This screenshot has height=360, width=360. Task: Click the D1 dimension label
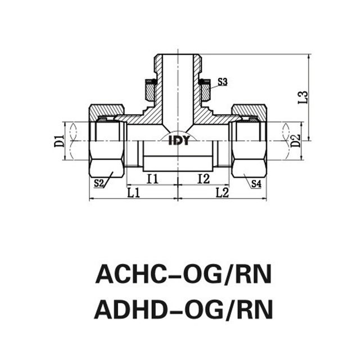point(57,141)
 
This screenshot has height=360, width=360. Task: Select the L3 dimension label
point(302,96)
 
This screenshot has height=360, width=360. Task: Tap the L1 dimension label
point(133,193)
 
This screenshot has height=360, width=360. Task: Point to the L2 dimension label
point(222,193)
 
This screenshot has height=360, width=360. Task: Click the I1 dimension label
point(151,179)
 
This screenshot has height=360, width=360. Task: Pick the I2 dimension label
point(204,179)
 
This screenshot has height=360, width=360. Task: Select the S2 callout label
point(99,183)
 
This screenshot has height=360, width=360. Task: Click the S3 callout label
point(222,82)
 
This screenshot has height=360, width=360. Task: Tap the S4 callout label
point(256,183)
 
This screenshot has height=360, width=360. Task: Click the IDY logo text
point(179,141)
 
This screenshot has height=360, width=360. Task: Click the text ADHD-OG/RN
point(183,308)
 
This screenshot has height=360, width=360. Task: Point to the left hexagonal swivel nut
point(106,141)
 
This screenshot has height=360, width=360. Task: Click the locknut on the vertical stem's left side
point(150,90)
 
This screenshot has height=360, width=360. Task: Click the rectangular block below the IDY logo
point(178,160)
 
